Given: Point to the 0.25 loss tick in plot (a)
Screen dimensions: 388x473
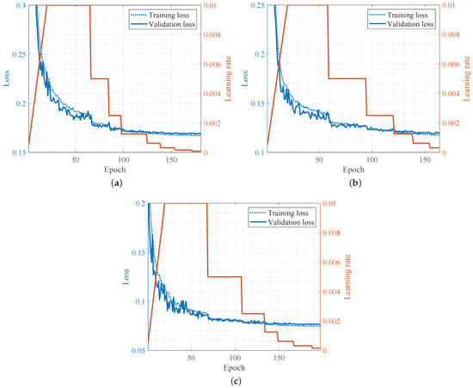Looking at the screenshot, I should click(17, 54).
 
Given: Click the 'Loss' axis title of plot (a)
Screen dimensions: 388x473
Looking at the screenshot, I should click(7, 79).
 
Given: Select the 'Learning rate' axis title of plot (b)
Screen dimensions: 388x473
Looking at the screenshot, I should click(467, 79).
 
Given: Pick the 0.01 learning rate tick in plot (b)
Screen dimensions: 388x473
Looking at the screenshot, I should click(452, 6).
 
